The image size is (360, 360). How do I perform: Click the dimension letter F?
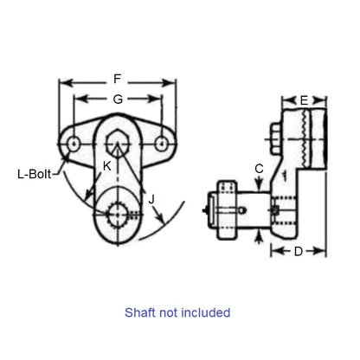[117, 79]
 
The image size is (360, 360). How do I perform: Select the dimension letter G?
[117, 99]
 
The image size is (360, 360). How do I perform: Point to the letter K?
[106, 164]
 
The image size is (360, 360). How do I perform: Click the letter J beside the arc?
[151, 200]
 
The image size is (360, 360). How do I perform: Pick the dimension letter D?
[298, 252]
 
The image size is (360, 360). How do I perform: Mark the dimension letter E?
[304, 100]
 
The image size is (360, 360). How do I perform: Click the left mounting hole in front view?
[74, 141]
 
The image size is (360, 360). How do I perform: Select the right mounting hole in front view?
[160, 141]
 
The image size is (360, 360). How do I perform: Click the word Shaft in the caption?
[141, 312]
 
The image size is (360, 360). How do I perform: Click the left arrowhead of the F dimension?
[61, 84]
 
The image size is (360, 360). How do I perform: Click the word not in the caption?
[169, 312]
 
